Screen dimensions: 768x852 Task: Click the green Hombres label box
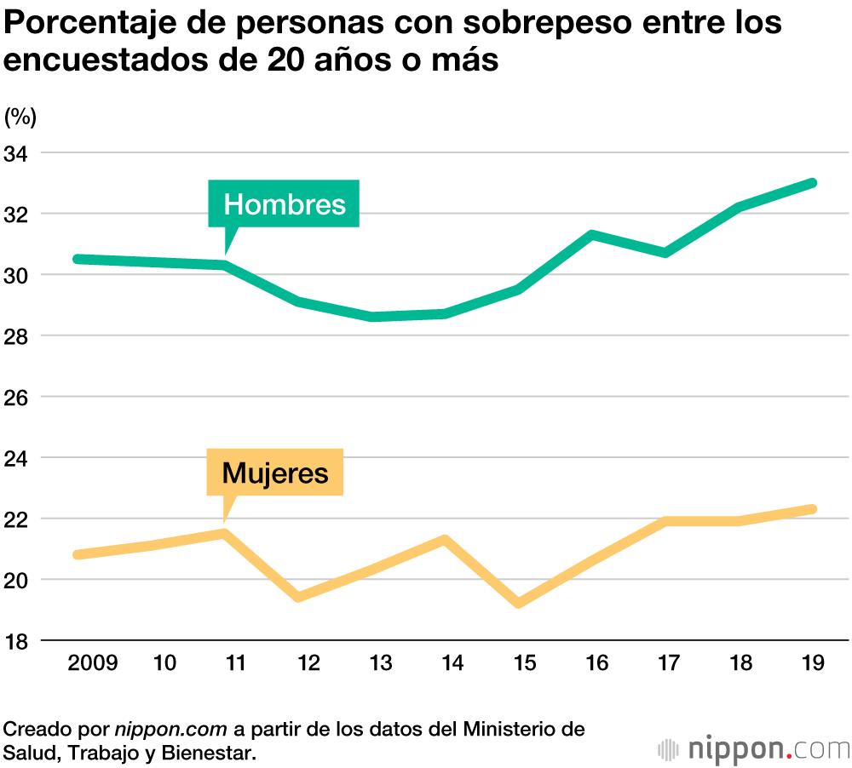[284, 203]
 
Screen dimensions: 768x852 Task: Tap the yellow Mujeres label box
[274, 472]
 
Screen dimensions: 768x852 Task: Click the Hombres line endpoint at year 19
[813, 183]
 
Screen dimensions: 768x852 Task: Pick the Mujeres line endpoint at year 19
[813, 509]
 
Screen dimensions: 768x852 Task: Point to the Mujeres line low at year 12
[299, 597]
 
